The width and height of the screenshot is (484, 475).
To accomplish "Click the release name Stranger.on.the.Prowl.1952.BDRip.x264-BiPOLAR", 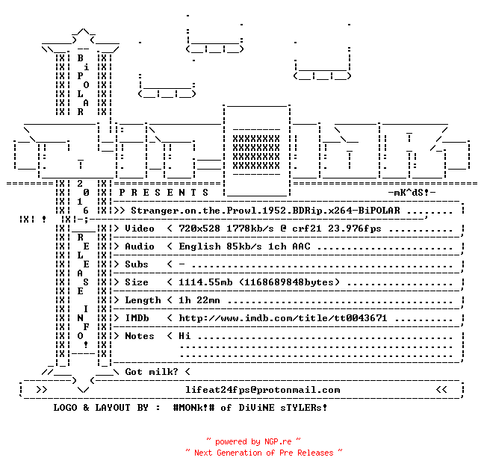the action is [265, 211].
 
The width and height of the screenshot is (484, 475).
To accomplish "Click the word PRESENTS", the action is [164, 193].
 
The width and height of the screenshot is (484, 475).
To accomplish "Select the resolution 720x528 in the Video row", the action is [199, 229].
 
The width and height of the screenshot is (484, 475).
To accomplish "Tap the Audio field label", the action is [140, 246].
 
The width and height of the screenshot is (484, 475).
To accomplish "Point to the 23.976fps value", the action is [354, 229].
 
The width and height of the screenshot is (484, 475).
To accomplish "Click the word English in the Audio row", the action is [199, 246].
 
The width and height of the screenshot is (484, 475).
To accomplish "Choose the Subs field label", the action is [137, 264].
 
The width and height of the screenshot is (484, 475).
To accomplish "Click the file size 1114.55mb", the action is [205, 282].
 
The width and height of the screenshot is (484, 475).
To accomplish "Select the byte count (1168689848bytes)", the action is [290, 282].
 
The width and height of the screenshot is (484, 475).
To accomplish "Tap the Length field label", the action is [143, 300].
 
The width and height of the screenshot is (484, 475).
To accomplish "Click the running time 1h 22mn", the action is [199, 300].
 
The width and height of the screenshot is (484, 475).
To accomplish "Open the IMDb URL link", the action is [283, 318].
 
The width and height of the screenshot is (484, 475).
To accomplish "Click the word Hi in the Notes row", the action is [184, 336].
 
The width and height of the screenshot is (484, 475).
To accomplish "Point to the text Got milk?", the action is [152, 372].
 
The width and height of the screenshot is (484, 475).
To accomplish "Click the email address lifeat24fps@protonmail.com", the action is [263, 390].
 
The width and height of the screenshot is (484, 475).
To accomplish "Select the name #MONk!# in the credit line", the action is [194, 408].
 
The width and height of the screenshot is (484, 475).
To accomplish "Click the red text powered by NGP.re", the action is [253, 441].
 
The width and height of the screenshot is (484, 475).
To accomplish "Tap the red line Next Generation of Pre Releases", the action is [264, 453].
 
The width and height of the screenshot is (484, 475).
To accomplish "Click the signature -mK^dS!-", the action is [412, 193].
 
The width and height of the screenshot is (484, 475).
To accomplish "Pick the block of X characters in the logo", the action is [256, 152].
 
